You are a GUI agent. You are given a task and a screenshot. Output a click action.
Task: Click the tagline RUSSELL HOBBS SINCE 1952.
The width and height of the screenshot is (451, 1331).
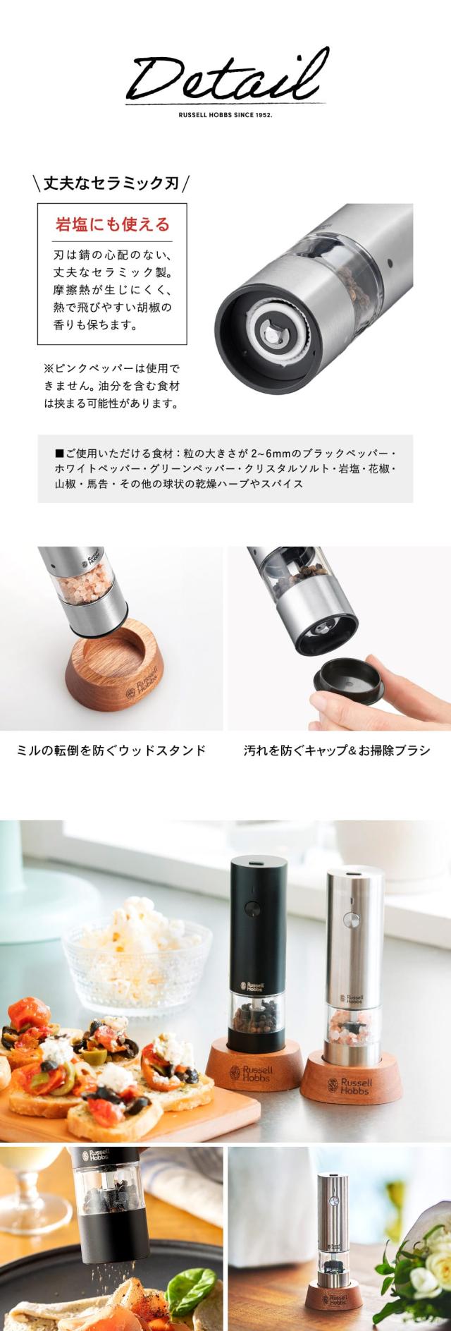click(x=225, y=112)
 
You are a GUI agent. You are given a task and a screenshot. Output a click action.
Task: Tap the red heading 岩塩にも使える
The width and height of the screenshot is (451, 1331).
click(x=113, y=225)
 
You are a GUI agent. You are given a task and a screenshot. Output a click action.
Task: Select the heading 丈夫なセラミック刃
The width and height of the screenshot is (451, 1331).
click(x=112, y=184)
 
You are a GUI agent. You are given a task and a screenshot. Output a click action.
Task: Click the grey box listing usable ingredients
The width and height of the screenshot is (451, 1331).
click(x=225, y=468)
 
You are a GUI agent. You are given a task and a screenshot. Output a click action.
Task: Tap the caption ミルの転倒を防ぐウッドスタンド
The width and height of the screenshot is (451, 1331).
click(x=111, y=749)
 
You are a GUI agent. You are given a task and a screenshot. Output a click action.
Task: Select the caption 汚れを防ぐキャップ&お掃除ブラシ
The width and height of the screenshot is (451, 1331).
click(x=337, y=749)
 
